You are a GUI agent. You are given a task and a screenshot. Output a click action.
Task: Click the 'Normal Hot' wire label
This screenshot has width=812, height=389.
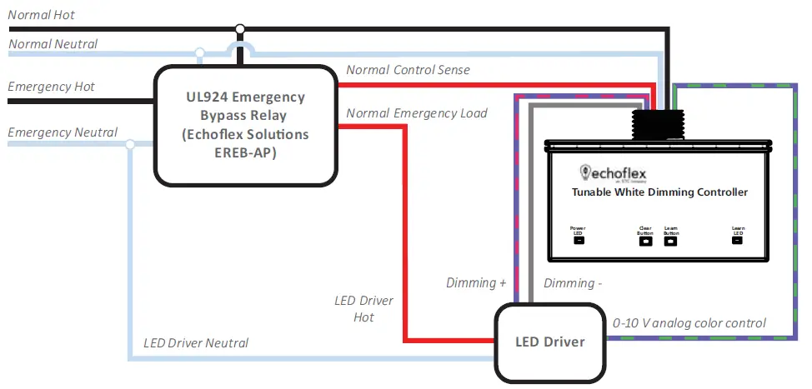(41, 15)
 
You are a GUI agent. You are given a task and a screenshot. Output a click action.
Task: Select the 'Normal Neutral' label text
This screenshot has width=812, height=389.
(53, 43)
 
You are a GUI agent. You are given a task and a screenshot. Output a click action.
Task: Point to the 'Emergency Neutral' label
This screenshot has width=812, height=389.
(62, 132)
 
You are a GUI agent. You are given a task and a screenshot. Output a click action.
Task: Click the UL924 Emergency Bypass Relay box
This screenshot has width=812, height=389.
(247, 126)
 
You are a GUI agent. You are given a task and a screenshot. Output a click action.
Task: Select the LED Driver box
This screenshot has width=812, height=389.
(549, 342)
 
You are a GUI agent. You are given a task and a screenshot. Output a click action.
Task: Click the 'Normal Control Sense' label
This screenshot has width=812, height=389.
(408, 70)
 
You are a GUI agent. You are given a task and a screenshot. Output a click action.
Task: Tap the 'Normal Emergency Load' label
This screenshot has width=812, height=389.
(417, 112)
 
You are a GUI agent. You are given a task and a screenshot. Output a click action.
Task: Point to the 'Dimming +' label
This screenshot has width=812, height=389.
(476, 283)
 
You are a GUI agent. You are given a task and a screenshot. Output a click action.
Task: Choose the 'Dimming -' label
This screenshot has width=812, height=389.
(573, 283)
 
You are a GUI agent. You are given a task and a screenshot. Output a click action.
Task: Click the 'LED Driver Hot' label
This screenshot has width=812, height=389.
(363, 308)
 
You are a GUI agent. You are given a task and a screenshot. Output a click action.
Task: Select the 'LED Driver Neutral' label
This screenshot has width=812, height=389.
(195, 342)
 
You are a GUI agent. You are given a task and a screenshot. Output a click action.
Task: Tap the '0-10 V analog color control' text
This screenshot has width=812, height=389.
(689, 323)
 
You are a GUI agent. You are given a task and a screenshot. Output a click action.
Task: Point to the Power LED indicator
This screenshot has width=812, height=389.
(579, 241)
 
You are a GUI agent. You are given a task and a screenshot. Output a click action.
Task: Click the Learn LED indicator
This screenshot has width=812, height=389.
(737, 241)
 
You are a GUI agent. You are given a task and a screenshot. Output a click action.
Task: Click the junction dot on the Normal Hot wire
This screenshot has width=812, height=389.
(240, 30)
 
